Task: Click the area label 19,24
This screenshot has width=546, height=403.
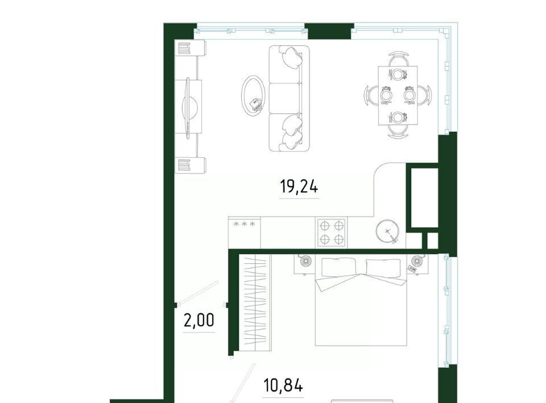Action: point(299,187)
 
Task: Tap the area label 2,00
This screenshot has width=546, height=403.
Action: point(199,320)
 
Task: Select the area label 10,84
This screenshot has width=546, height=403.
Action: point(283,385)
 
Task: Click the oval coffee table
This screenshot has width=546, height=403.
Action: point(254,94)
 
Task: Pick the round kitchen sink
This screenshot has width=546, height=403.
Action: point(387,230)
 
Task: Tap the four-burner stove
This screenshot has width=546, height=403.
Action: point(331,233)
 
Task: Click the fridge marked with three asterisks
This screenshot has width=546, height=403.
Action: point(244,232)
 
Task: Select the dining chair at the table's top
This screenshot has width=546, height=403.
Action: point(398,60)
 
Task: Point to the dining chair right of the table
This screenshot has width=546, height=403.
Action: point(425,94)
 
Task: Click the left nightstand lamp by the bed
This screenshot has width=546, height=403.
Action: point(305,261)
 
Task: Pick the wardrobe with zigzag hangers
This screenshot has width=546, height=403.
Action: point(257,303)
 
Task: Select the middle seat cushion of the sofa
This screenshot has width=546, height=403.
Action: point(284,98)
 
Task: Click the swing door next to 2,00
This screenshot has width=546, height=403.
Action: point(197,292)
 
